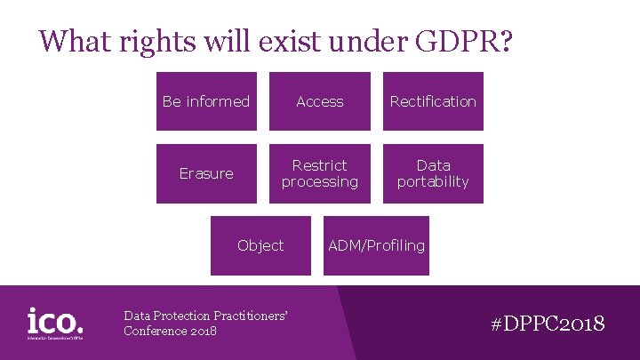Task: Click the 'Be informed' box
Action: [206, 101]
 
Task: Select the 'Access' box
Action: [320, 101]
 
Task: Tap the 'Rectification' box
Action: [433, 101]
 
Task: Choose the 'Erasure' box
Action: [206, 173]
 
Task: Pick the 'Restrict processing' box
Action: [320, 173]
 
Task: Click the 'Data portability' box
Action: [433, 173]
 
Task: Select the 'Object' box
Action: [260, 245]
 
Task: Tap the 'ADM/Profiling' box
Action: [376, 245]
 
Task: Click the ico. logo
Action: [55, 322]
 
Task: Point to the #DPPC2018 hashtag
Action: [548, 323]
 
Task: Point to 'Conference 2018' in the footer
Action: [170, 331]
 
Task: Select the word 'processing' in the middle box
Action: [320, 181]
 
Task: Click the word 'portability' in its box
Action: [433, 181]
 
